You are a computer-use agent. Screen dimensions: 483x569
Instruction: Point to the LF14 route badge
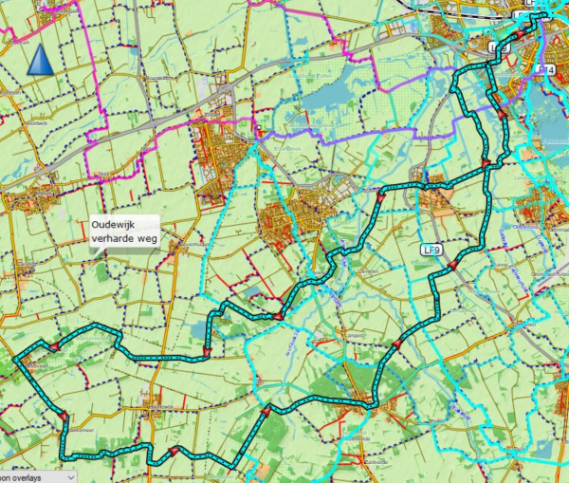pos(544,69)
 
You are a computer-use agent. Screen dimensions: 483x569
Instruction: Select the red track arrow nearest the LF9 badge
pos(452,267)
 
